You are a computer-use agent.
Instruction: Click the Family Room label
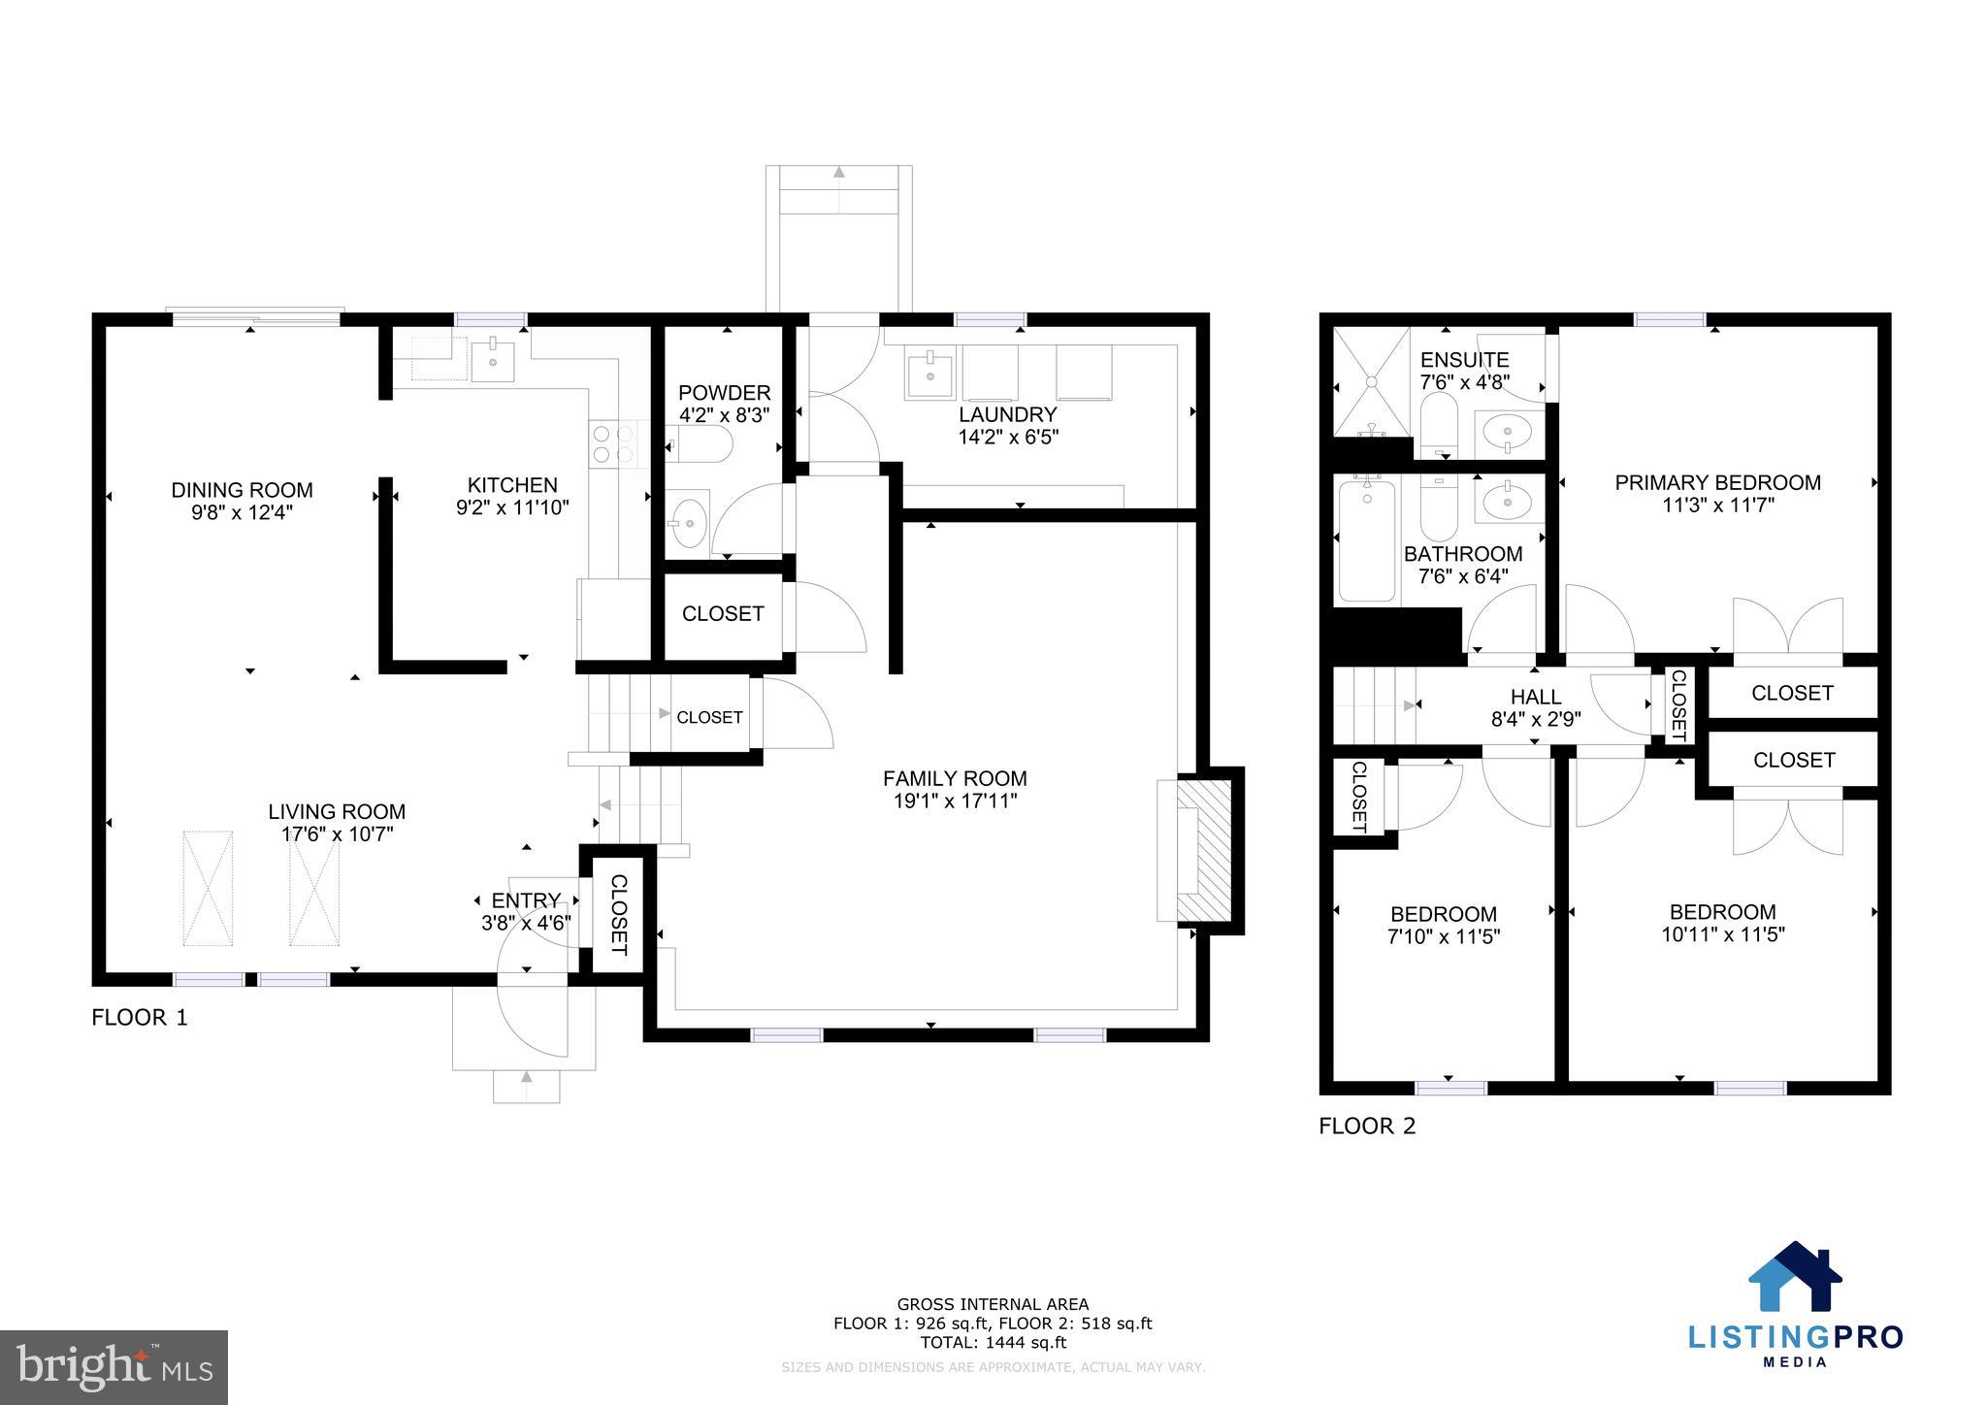tap(955, 778)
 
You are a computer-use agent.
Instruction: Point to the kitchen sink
tap(493, 360)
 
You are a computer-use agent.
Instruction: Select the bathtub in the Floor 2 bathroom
tap(1367, 539)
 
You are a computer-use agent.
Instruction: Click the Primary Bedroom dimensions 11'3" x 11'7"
tap(1716, 506)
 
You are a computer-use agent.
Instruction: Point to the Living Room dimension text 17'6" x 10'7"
tap(337, 833)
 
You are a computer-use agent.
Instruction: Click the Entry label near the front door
tap(526, 900)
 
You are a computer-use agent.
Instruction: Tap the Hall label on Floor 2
tap(1536, 697)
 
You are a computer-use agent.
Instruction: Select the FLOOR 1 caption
tap(139, 1018)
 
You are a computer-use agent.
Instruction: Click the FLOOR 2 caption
tap(1367, 1127)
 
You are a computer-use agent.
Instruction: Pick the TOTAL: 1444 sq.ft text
tap(993, 1343)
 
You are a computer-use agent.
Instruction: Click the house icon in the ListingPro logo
tap(1795, 1277)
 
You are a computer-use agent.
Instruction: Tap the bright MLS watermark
tap(114, 1367)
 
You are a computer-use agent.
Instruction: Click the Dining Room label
tap(242, 490)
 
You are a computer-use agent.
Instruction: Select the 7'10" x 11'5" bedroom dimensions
tap(1444, 937)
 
